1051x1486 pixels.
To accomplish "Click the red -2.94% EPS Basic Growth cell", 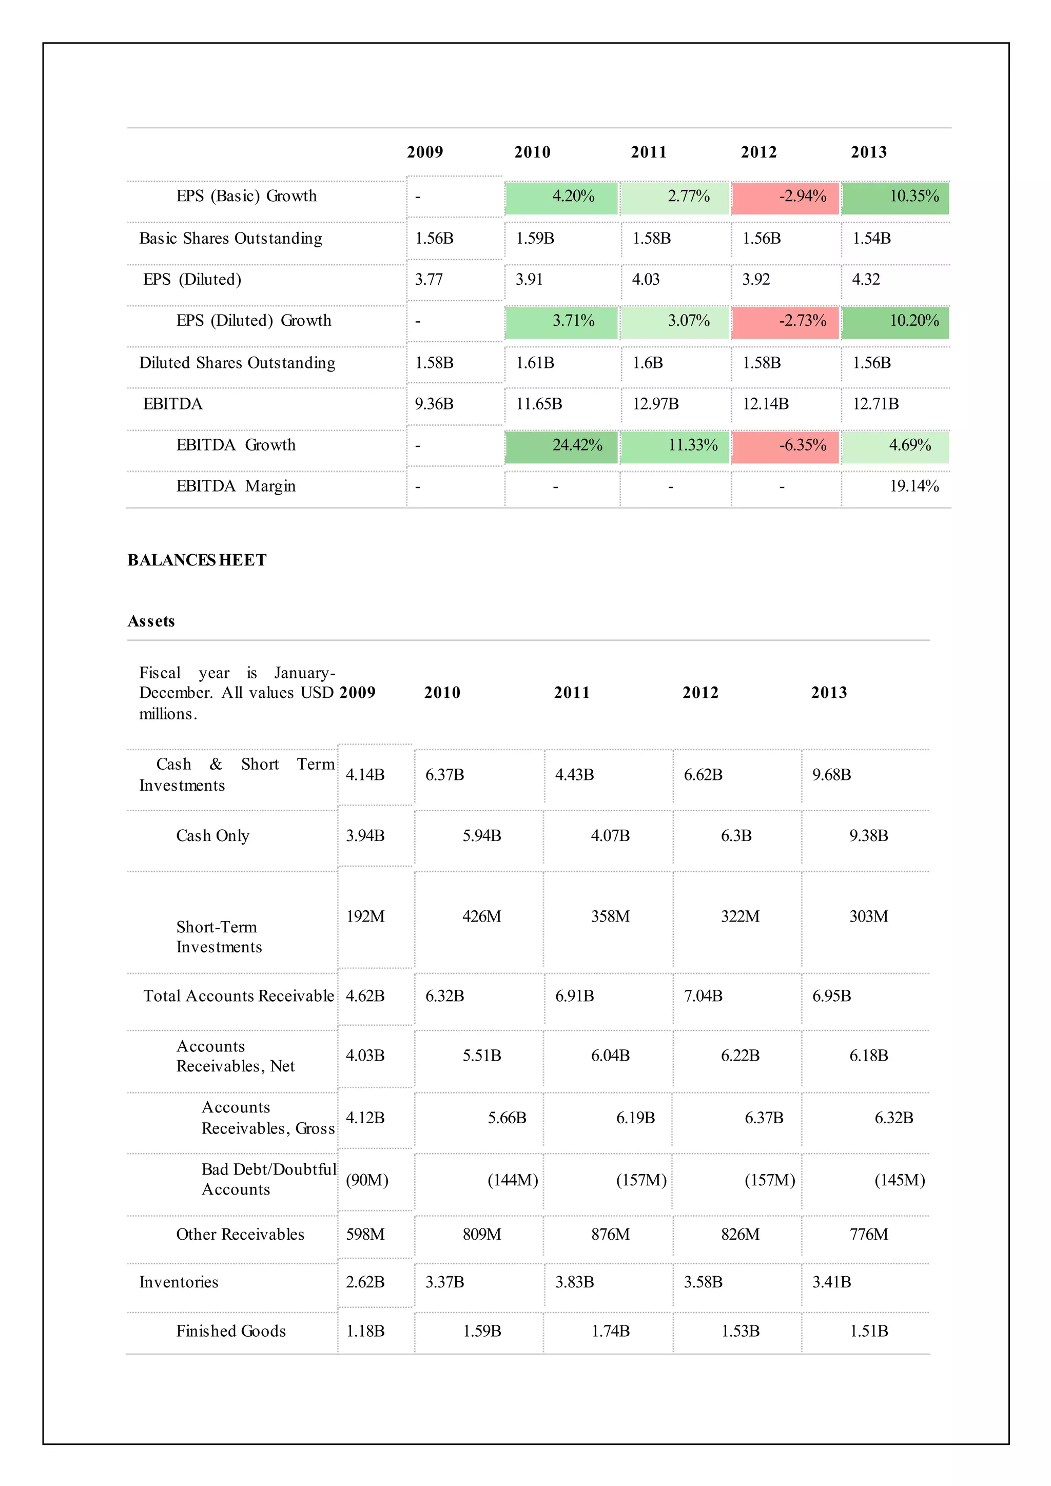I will pos(802,196).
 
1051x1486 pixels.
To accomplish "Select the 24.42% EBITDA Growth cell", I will pos(577,445).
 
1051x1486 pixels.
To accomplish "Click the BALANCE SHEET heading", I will pos(197,560).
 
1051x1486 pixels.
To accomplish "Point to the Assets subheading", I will pos(151,621).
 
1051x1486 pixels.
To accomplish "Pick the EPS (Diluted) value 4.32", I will pos(865,280).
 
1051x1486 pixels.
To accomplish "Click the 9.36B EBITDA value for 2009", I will pos(434,404).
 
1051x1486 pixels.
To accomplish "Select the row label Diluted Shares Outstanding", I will pos(237,363).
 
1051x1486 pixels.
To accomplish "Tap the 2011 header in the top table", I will pos(649,152).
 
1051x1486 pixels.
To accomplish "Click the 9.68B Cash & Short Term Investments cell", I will pos(831,775).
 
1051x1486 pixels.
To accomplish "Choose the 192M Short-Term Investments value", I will pos(365,916).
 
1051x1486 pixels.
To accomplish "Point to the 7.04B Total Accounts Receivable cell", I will pos(703,996).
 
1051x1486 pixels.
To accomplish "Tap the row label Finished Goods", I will pos(230,1332).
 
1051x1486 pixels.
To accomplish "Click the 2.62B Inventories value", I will pos(365,1282).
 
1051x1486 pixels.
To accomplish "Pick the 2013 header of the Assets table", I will pos(828,693).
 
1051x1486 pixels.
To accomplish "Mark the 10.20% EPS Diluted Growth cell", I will pos(913,321).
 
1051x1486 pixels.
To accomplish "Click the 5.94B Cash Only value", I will pos(481,835).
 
